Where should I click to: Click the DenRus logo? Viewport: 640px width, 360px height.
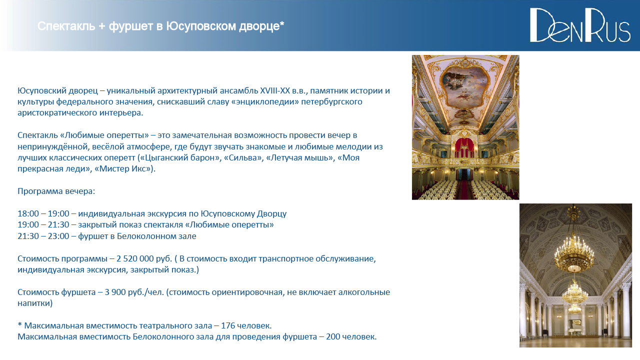(x=580, y=25)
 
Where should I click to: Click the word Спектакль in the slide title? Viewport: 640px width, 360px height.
(x=66, y=26)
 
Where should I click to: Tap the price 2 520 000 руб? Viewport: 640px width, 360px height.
(x=144, y=258)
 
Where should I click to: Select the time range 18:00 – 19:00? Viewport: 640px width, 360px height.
(x=43, y=213)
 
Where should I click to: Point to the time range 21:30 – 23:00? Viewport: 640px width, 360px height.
(x=43, y=236)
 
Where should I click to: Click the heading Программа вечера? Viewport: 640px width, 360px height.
(x=56, y=191)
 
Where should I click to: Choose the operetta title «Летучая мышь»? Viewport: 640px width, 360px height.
(x=300, y=157)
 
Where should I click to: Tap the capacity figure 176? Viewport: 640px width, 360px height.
(x=228, y=325)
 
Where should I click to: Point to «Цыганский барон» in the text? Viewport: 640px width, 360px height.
(x=179, y=157)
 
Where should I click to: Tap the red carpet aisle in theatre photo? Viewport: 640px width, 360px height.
(x=465, y=188)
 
